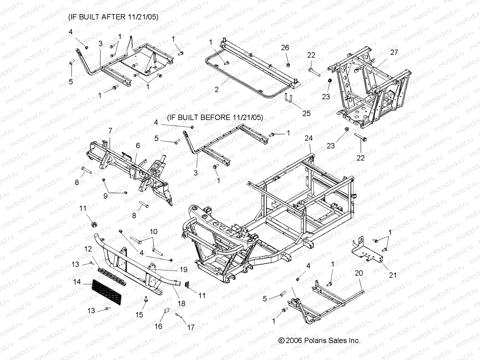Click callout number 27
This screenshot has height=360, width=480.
click(x=394, y=52)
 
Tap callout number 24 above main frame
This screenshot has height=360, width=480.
click(x=309, y=138)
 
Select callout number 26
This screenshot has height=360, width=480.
click(x=285, y=48)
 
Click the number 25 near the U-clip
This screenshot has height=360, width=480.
click(x=306, y=113)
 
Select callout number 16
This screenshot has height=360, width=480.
click(x=158, y=326)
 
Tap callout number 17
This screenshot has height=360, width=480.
click(x=191, y=328)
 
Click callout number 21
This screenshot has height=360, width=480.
click(x=393, y=275)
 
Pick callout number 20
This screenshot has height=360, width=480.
click(x=359, y=273)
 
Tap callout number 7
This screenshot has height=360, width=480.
click(x=110, y=130)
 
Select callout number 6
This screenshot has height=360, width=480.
click(x=138, y=145)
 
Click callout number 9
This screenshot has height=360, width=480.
click(x=106, y=196)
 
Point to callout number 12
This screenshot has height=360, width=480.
click(x=88, y=249)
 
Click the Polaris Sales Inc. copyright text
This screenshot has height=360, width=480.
click(x=319, y=340)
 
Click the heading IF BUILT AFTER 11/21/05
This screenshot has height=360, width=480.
click(x=113, y=17)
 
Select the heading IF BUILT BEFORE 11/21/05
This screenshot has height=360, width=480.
click(x=215, y=117)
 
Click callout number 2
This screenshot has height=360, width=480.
click(x=217, y=89)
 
